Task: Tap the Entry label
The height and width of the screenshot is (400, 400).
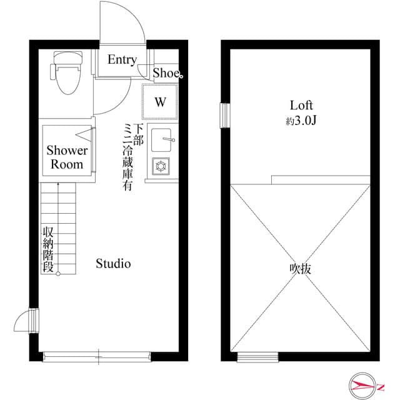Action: (122, 60)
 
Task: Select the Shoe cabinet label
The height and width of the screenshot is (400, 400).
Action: (167, 72)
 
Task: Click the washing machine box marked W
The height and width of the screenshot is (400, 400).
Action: (161, 102)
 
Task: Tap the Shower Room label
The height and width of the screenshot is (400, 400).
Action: (67, 157)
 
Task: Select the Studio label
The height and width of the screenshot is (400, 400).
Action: (113, 264)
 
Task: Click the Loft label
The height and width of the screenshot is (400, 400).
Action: (301, 106)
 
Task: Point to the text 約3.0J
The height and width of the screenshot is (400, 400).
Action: (301, 121)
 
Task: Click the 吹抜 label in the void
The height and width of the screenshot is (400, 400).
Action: (301, 269)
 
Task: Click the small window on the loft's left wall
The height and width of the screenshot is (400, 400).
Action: (224, 115)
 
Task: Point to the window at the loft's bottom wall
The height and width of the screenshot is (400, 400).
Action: (257, 357)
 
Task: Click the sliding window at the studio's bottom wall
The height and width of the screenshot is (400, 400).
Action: (97, 357)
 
